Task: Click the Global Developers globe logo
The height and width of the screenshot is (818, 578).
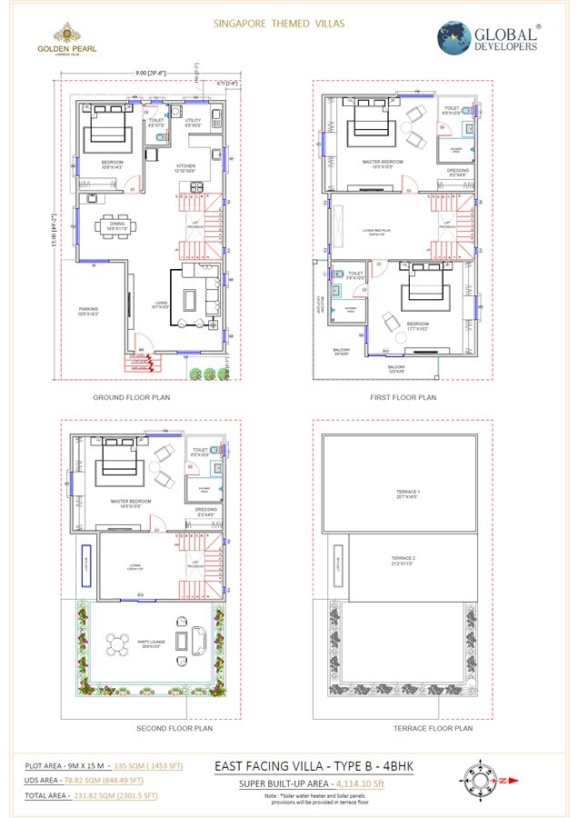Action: click(x=455, y=39)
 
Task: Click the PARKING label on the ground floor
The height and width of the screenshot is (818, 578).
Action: click(x=88, y=311)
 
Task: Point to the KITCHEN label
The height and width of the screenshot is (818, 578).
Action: click(x=185, y=166)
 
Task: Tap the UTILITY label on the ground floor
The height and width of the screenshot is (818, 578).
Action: click(x=194, y=121)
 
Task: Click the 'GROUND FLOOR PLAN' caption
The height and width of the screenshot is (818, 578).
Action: click(x=132, y=397)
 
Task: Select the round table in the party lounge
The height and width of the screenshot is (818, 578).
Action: click(x=115, y=644)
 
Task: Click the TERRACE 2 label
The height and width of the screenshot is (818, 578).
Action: click(x=403, y=559)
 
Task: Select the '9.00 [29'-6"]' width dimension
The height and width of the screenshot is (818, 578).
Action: click(x=150, y=72)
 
